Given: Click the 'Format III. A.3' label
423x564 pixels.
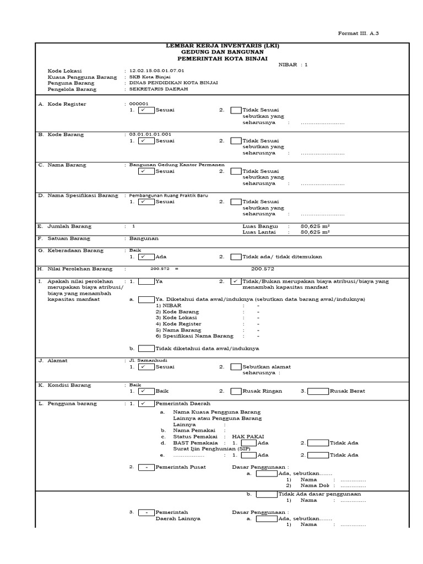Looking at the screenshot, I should coord(358,34).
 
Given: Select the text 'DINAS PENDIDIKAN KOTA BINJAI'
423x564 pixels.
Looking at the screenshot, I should coord(173,83).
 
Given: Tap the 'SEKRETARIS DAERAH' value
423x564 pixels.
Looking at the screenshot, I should coord(156,89).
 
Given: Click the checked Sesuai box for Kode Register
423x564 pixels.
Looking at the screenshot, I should coord(146,110).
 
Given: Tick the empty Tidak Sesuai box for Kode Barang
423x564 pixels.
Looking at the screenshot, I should coord(236,141).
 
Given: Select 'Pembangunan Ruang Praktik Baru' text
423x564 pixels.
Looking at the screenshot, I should coord(169,195).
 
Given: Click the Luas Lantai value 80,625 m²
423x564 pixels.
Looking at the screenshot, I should coord(315,232).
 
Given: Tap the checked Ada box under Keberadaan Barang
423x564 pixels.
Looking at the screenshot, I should coord(146,257).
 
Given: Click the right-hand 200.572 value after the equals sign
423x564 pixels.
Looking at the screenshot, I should coord(263,269).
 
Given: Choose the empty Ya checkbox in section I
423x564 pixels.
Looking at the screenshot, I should coord(146,281).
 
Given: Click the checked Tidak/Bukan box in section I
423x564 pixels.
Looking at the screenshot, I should coord(236,281).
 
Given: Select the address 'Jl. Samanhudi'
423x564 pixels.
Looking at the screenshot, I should coord(144,360).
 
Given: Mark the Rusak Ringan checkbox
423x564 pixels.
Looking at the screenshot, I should coord(236,391).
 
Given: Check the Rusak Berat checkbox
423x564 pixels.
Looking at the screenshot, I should coord(318,391).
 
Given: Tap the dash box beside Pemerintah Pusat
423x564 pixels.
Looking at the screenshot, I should coord(146,467).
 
